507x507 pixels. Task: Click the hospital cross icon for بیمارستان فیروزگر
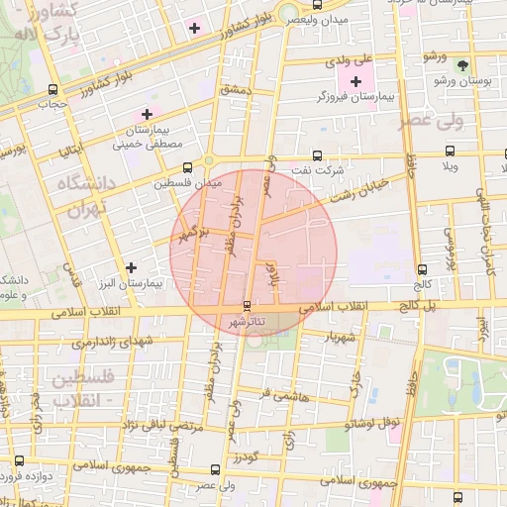point(356,79)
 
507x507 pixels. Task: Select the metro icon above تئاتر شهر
point(247,306)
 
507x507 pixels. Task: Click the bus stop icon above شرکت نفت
point(317,155)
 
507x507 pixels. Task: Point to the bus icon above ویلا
point(451,152)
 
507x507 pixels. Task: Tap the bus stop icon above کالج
point(423,268)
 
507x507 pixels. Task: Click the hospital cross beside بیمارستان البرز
point(132,267)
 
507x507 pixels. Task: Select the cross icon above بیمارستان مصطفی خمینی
point(149,115)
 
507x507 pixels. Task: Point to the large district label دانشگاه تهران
point(85,196)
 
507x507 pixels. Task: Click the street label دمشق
point(239,90)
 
